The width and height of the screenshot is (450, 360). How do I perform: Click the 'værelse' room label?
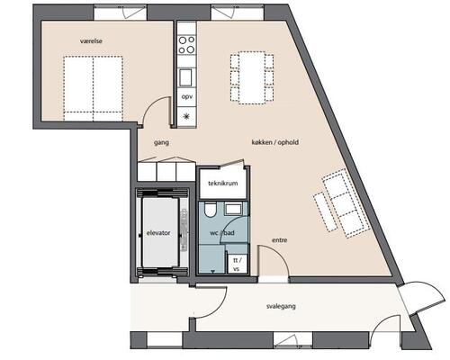pos(91,40)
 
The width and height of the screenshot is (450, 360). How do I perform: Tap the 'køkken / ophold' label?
pos(275,142)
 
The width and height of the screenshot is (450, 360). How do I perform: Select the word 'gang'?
pos(161,143)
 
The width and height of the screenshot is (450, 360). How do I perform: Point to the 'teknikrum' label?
pos(223,183)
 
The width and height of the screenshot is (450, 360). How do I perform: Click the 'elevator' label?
pos(158,233)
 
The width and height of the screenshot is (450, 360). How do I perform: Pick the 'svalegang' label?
pos(281,306)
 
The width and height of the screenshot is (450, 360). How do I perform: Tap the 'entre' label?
pos(280,240)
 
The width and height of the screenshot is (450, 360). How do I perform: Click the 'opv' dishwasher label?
pos(187,97)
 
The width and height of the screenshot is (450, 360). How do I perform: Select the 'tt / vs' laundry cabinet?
pos(237,264)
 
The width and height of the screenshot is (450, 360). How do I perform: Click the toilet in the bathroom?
pos(210,210)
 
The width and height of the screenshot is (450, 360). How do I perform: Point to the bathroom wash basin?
pos(233,209)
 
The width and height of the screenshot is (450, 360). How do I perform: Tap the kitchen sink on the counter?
pos(185,77)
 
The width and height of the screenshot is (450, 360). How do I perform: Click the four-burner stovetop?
pos(186,44)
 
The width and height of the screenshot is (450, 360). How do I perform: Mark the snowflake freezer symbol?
pos(187,116)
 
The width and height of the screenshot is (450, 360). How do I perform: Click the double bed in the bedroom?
pos(94,88)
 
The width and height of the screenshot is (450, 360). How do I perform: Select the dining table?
pos(252,77)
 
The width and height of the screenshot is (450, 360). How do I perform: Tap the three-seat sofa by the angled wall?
pos(346,203)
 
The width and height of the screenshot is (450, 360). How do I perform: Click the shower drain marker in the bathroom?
pos(213,272)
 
